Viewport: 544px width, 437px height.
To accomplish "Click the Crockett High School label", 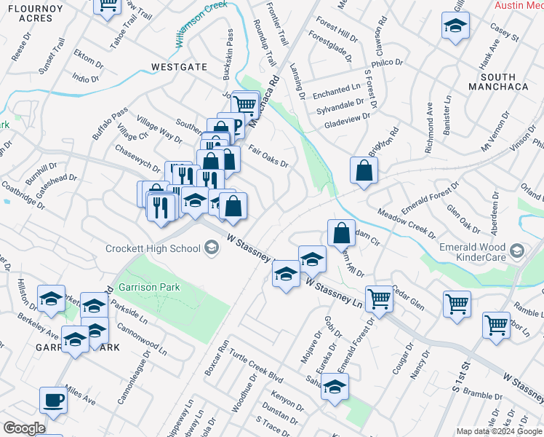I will click(153, 248).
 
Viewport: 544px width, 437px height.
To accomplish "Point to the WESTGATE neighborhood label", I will click(179, 67).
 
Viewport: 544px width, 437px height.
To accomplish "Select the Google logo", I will click(24, 428).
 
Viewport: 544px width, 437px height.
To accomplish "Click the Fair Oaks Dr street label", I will click(269, 156).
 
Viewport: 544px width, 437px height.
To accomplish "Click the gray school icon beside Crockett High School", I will click(211, 248).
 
